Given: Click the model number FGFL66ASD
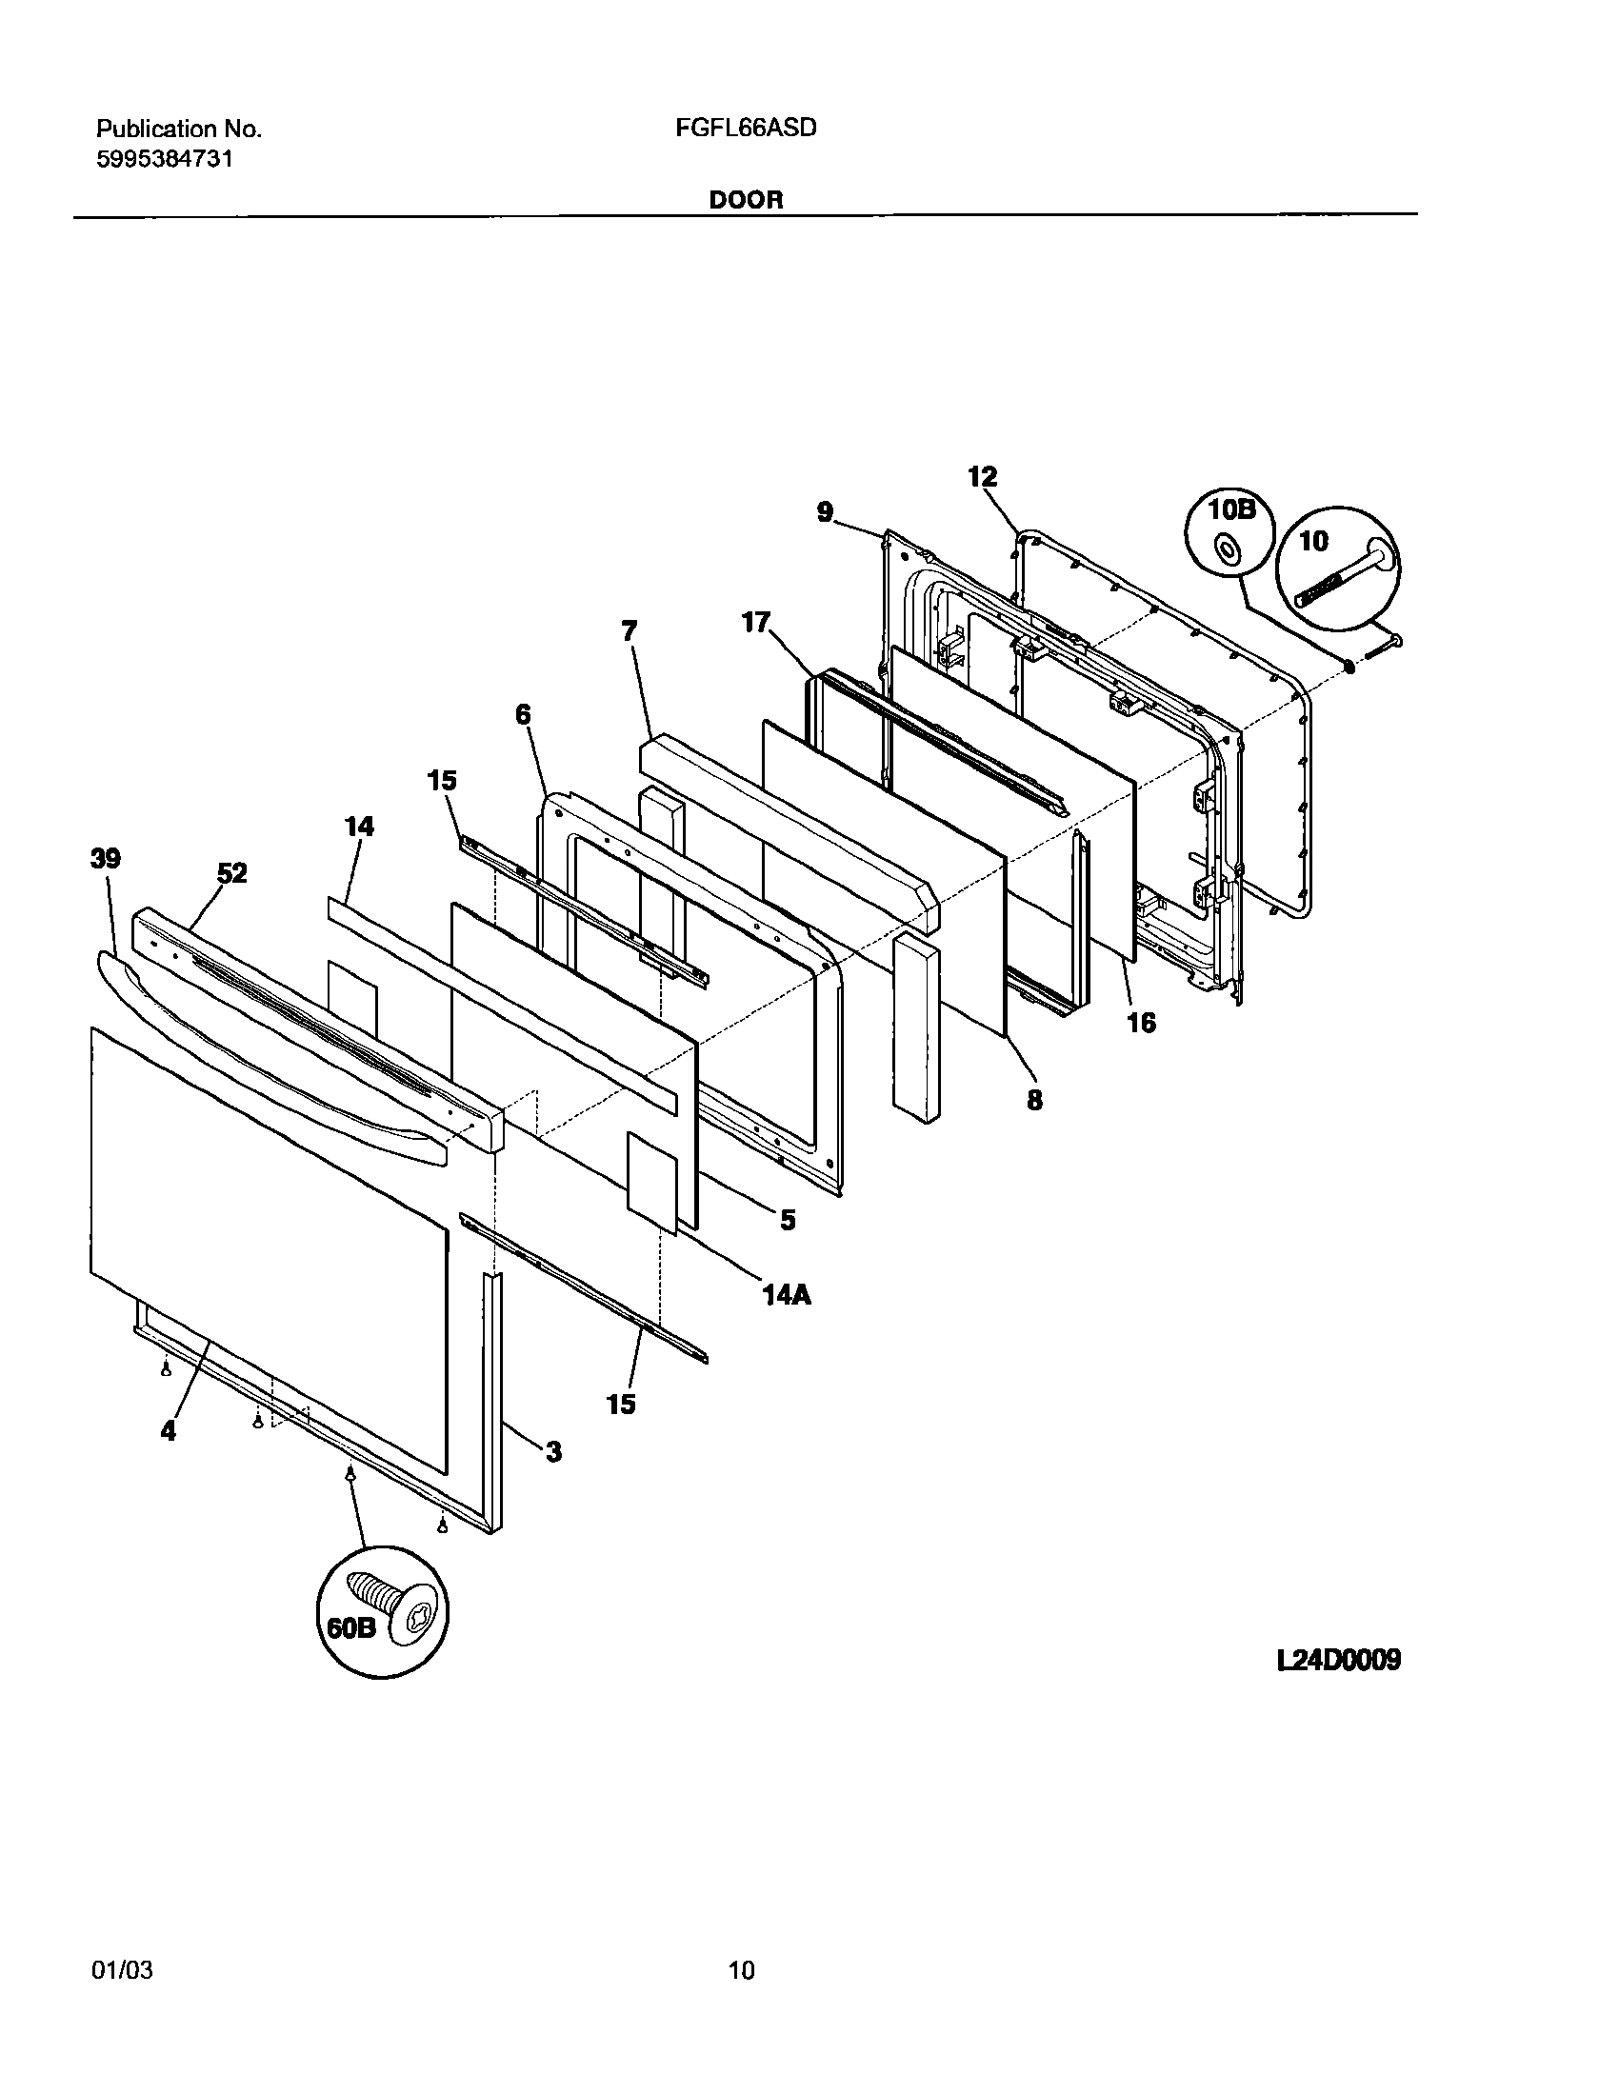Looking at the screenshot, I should (x=746, y=129).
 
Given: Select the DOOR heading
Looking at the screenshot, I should (x=746, y=200).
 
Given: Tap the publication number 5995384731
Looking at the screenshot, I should (x=165, y=160).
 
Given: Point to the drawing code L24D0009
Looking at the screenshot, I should (x=1338, y=1661).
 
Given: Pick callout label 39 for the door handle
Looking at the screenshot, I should (x=105, y=859).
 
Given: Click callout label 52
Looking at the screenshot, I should (x=231, y=873).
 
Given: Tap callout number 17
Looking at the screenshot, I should (x=755, y=624).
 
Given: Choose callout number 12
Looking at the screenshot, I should (x=982, y=476).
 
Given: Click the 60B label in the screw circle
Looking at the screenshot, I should (x=351, y=1628).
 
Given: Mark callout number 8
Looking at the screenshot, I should (x=1034, y=1100).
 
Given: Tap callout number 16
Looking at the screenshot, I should (x=1141, y=1024).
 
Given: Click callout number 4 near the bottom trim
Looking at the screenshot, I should (x=169, y=1430).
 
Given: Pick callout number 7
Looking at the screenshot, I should (x=630, y=631).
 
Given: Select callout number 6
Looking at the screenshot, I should (x=523, y=714).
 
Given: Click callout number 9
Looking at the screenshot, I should (x=825, y=512).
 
